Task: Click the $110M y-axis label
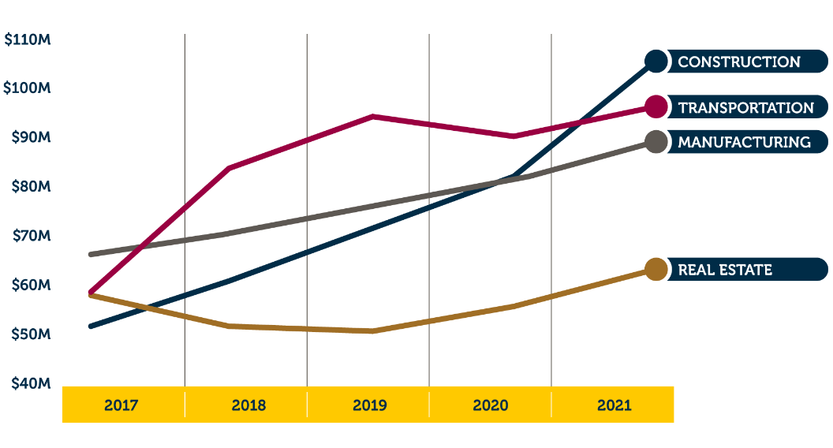[x=28, y=39]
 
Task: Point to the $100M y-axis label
[x=28, y=88]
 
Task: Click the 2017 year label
[x=121, y=405]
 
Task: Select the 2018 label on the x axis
[x=248, y=405]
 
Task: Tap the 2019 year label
[x=369, y=405]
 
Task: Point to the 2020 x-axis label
[x=491, y=405]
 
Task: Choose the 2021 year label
[x=614, y=405]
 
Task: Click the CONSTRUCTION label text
[x=739, y=62]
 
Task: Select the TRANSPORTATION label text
[x=745, y=108]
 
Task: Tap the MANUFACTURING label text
[x=744, y=142]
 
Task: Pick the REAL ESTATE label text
[x=725, y=270]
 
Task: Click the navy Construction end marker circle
[x=656, y=62]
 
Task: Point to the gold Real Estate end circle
[x=656, y=270]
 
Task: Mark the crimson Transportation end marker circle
[x=656, y=106]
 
